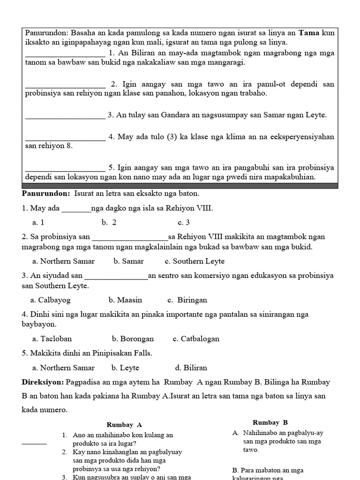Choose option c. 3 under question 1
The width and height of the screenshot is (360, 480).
click(x=183, y=222)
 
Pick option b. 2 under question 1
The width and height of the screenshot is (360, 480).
click(x=109, y=222)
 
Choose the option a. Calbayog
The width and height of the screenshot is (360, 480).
click(x=50, y=300)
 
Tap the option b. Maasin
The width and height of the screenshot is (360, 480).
click(x=125, y=300)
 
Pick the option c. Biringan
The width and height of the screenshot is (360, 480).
click(x=187, y=300)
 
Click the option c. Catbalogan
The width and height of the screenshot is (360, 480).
click(x=196, y=339)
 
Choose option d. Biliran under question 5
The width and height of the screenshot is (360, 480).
click(x=191, y=368)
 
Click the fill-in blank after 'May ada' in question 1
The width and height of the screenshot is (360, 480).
click(x=76, y=209)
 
